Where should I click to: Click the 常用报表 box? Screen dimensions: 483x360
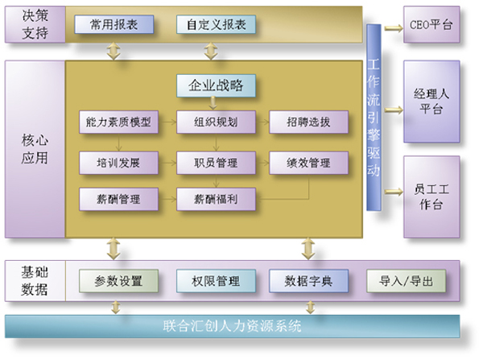[114, 24]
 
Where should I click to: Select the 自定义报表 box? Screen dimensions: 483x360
[216, 24]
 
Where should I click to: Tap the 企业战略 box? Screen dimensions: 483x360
[216, 85]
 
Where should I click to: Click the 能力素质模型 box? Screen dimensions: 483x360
[118, 122]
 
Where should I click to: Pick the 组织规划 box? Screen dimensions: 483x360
[216, 122]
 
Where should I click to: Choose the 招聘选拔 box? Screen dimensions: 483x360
[308, 122]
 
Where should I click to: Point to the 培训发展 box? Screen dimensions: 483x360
[118, 163]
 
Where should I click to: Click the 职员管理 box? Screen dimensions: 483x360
[216, 163]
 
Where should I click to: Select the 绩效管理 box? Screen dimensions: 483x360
[308, 163]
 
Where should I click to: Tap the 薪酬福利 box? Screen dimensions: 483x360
[216, 199]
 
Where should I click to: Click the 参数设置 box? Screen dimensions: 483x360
[118, 281]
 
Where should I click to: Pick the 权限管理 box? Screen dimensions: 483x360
[216, 281]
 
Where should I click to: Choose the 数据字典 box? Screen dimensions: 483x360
[308, 281]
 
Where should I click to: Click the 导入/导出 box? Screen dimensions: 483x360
[406, 281]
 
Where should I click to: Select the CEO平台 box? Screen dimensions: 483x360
[431, 25]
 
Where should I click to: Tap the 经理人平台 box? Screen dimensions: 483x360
[431, 101]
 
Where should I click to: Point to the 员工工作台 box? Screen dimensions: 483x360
[431, 197]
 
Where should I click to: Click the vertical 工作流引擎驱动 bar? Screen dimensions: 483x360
[374, 118]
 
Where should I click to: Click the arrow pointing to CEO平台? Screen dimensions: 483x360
[394, 28]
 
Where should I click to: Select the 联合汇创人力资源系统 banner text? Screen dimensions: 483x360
[233, 326]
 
